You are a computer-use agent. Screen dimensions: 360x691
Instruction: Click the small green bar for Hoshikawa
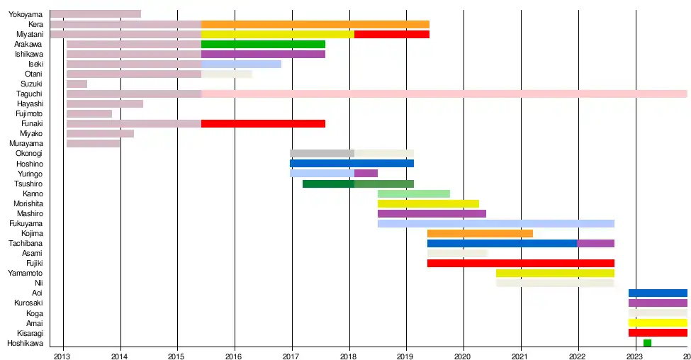[647, 343]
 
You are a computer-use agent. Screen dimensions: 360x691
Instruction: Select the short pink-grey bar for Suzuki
[77, 84]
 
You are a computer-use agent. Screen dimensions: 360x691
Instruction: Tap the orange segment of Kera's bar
[315, 25]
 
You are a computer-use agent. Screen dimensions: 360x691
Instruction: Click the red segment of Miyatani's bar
[391, 34]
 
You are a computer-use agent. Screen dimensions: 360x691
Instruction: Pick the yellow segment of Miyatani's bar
[277, 34]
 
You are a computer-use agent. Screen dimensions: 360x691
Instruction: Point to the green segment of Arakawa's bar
[263, 45]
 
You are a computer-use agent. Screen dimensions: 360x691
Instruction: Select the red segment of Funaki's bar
[263, 124]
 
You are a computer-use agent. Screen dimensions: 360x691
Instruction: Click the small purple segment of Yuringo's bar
[366, 174]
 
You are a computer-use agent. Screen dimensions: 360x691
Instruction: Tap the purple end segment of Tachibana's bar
[595, 243]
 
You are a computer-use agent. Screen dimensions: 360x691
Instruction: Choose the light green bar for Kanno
[413, 193]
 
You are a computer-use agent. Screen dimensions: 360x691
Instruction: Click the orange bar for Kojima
[480, 233]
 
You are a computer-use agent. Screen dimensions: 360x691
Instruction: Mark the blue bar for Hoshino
[352, 164]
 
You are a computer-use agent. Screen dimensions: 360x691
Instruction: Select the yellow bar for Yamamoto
[555, 273]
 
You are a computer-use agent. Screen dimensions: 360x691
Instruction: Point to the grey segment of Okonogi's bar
[322, 154]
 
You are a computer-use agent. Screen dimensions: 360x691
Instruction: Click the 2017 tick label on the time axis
[291, 355]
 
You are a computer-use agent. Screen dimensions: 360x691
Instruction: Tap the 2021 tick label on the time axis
[521, 355]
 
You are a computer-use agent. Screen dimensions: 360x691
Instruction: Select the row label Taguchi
[29, 94]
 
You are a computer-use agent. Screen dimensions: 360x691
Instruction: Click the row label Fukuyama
[26, 223]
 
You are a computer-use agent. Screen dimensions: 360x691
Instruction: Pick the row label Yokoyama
[26, 14]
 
